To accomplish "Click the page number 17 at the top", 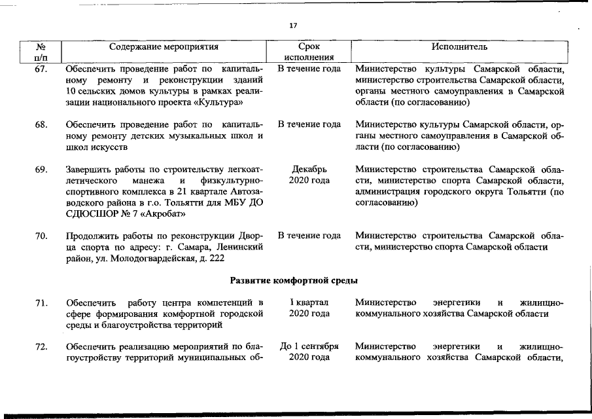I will [293, 26].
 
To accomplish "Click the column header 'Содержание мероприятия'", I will [164, 47].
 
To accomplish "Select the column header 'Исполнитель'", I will [459, 47].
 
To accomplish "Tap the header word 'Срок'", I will [308, 47].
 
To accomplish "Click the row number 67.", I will [41, 68].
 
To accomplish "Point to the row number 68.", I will [41, 124].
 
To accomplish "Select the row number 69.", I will [41, 170].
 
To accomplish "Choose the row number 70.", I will [41, 236].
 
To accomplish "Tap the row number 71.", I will [41, 302].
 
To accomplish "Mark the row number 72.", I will [41, 346].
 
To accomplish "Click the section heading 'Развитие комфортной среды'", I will [294, 281].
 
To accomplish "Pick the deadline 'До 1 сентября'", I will [309, 346].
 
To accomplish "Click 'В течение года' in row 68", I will [309, 124].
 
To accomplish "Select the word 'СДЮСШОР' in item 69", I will [92, 213].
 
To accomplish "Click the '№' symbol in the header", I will [41, 47].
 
